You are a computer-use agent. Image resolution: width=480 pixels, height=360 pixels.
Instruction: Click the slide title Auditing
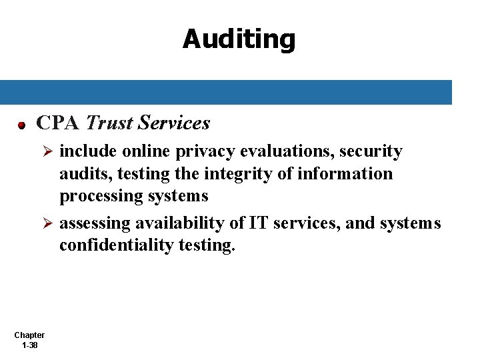tap(239, 39)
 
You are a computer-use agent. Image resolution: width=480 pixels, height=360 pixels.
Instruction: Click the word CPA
tap(58, 123)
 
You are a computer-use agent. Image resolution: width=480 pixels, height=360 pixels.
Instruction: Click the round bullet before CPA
tap(22, 125)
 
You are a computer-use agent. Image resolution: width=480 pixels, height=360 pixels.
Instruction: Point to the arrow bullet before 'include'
tap(47, 153)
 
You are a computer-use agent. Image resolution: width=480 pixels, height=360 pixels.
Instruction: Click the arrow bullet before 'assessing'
tap(47, 224)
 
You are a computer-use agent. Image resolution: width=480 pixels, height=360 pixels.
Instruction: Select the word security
tap(371, 152)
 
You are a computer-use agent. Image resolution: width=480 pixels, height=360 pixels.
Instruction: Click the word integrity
tap(240, 174)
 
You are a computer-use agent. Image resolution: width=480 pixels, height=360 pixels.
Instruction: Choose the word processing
tap(91, 197)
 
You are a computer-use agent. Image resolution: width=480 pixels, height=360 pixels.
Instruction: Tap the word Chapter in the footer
tap(29, 335)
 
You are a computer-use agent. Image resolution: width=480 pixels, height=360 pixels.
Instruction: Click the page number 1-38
tap(29, 345)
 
